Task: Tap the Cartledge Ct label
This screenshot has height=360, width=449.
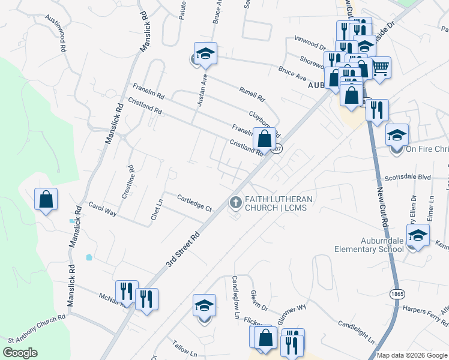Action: (x=194, y=203)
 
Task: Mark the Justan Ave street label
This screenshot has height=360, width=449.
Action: (x=202, y=90)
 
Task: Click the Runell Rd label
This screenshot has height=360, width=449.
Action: (x=252, y=91)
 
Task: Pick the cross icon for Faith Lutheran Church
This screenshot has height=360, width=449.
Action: (x=235, y=203)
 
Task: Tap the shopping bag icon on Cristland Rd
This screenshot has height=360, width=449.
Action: (x=264, y=139)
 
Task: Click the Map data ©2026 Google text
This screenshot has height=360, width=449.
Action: (x=412, y=355)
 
